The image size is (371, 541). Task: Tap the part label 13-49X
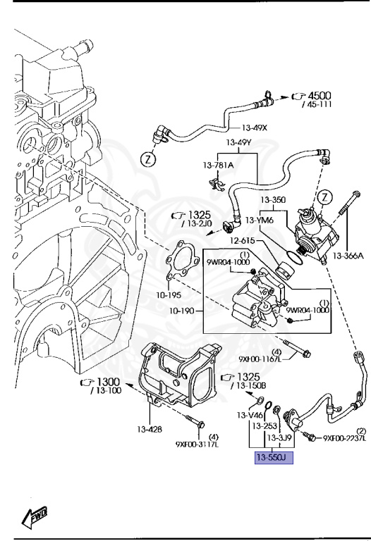pos(254,128)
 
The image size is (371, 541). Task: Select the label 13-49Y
pos(238,142)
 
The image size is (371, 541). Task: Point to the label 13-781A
pos(218,166)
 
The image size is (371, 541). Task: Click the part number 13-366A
pos(348,256)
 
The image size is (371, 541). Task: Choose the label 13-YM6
pos(260,220)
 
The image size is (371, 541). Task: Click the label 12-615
pos(243,240)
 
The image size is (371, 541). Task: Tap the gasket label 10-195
pos(169,295)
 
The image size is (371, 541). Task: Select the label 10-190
pos(181,311)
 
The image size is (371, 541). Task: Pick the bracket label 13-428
pos(150,430)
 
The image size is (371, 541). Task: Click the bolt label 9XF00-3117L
pos(197,444)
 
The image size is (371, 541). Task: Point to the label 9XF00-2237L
pos(344,438)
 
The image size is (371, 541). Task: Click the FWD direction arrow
pos(34,516)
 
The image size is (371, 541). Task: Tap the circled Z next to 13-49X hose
pos(148,159)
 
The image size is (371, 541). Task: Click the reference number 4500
pos(320,96)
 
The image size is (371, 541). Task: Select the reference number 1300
pos(109,382)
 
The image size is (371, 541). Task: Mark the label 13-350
pos(273,199)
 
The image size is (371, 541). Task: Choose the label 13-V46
pos(250,415)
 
